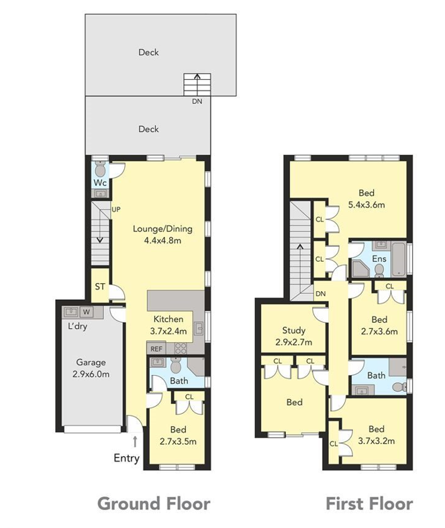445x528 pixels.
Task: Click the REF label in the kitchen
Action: [x=156, y=349]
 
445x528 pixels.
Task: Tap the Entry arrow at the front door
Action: [x=135, y=441]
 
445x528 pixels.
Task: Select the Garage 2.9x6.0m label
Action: [x=91, y=368]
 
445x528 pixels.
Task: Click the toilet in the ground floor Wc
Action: [x=100, y=170]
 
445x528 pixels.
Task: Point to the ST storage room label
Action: [x=100, y=286]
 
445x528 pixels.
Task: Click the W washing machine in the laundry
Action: [x=87, y=312]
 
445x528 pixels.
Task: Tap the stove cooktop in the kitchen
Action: [x=181, y=348]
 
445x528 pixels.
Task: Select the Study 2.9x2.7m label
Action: [x=294, y=336]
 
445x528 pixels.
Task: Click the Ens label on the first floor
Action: [x=379, y=259]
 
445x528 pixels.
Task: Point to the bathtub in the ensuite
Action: [x=399, y=258]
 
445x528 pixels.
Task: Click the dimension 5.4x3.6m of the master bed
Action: [x=366, y=205]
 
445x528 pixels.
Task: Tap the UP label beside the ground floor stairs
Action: [x=116, y=209]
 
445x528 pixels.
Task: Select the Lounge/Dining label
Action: [x=162, y=229]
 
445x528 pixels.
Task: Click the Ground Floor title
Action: [x=154, y=504]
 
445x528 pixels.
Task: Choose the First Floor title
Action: [x=369, y=504]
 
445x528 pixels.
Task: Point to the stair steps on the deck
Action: [x=197, y=85]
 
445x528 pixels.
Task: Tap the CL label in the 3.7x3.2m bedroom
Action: [x=334, y=444]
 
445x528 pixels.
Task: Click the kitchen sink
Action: [x=199, y=329]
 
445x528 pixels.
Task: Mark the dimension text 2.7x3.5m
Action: [x=178, y=441]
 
